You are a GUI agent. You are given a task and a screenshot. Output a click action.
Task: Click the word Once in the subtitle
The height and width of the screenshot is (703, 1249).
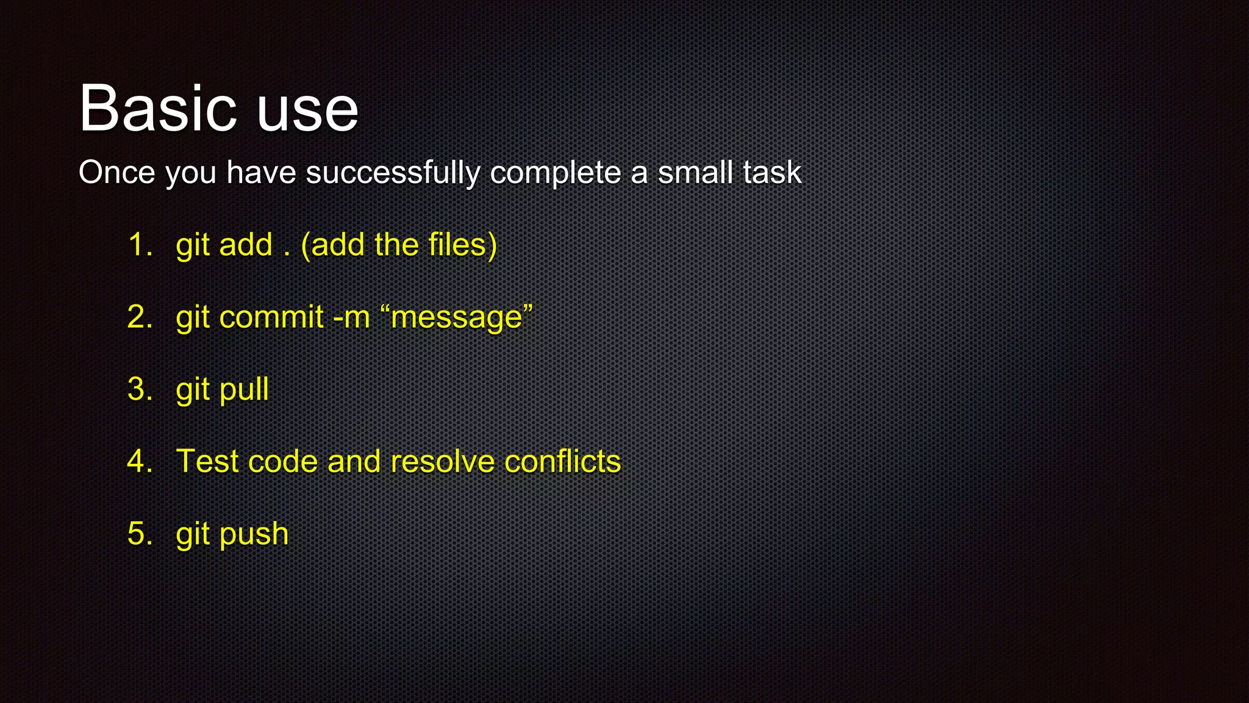click(117, 173)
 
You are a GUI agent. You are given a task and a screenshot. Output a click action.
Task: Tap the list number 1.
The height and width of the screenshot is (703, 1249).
click(139, 245)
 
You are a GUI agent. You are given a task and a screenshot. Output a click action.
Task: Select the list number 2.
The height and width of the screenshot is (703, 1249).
click(139, 317)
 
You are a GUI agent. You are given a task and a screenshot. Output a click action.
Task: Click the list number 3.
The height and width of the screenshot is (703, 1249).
click(139, 389)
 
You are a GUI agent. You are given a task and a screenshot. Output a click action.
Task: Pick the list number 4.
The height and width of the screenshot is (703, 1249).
click(139, 461)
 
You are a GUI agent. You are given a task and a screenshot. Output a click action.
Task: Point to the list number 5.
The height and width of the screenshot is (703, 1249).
click(139, 534)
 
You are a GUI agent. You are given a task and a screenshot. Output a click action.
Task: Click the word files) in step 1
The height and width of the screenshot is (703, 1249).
click(462, 245)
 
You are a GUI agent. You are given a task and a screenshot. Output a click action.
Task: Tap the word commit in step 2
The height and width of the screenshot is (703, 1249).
click(271, 317)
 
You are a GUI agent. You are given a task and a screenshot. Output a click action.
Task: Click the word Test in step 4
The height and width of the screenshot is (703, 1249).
click(206, 461)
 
